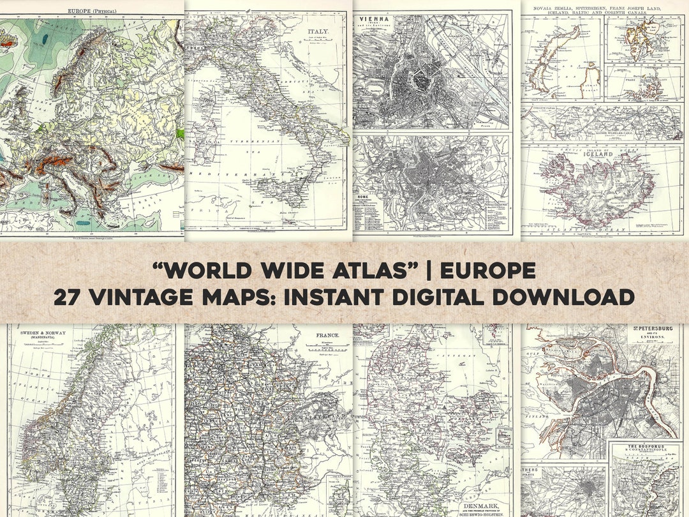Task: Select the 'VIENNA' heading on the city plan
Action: click(x=374, y=19)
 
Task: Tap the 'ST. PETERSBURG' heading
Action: click(x=649, y=330)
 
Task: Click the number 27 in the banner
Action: click(x=69, y=297)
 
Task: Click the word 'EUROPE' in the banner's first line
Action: click(x=488, y=271)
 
